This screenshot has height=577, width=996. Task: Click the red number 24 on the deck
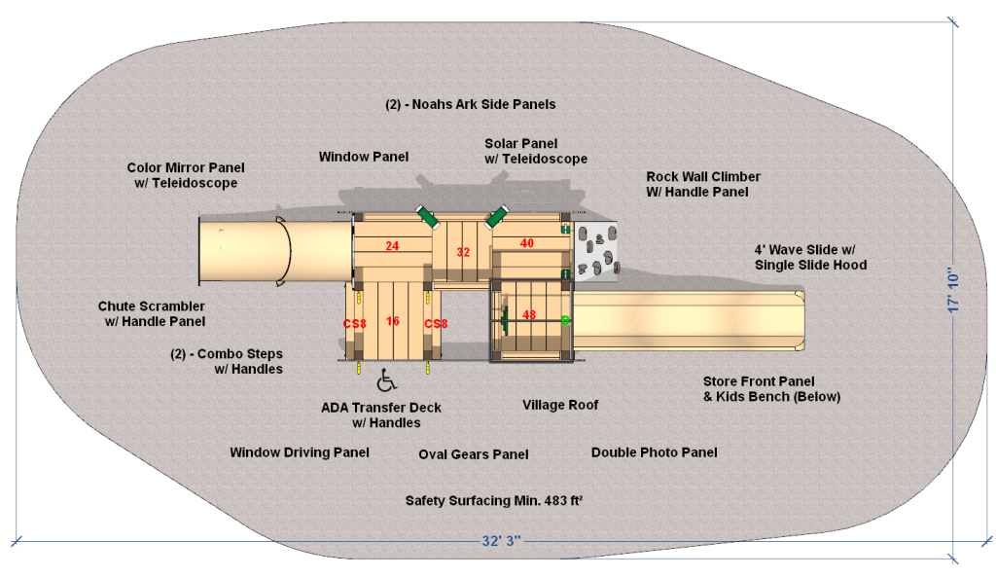(392, 246)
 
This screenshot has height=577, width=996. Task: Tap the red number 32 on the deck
(463, 253)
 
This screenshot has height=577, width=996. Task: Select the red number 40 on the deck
(527, 243)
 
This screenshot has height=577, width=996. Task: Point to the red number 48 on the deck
(529, 315)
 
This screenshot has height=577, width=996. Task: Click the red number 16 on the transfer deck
(392, 321)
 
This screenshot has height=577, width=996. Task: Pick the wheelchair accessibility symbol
(386, 378)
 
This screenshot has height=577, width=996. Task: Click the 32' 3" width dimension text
(503, 539)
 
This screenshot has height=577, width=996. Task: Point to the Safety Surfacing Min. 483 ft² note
(493, 500)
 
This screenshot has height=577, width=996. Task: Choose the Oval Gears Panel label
(474, 454)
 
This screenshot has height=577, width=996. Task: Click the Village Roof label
(560, 405)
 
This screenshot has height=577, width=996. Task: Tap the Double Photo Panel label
(655, 452)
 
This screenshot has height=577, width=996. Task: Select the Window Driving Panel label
(300, 452)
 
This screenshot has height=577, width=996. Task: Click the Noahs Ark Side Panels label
(471, 103)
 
